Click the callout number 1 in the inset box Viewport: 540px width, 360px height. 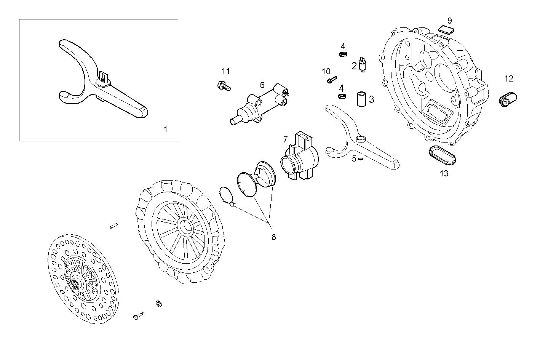[x=165, y=130]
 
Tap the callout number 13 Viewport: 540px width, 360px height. [x=444, y=174]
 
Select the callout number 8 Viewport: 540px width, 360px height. [x=273, y=237]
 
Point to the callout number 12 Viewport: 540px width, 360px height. [x=509, y=79]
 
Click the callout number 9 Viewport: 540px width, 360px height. [x=450, y=20]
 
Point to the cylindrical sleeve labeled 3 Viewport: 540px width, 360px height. [x=361, y=99]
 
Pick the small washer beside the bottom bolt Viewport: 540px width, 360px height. [x=158, y=303]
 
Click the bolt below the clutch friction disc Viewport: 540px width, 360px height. [x=138, y=316]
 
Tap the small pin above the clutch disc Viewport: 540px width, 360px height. [x=113, y=226]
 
